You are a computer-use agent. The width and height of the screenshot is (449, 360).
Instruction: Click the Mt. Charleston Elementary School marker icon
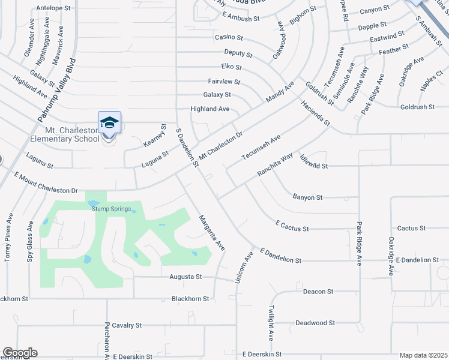[x=109, y=123]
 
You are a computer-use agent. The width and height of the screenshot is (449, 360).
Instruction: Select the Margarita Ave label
[x=212, y=233]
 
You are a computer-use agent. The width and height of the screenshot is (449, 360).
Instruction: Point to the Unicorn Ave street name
[x=245, y=267]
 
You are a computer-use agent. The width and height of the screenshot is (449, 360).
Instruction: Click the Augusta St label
[x=186, y=277]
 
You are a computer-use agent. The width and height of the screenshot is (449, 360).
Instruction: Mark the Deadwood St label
[x=315, y=323]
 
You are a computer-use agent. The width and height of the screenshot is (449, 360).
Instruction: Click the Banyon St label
[x=308, y=197]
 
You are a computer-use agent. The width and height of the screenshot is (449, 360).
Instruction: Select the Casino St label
[x=229, y=37]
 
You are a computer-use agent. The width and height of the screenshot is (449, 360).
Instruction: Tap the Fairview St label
[x=224, y=81]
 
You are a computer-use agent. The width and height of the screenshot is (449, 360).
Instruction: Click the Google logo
[x=20, y=353]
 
